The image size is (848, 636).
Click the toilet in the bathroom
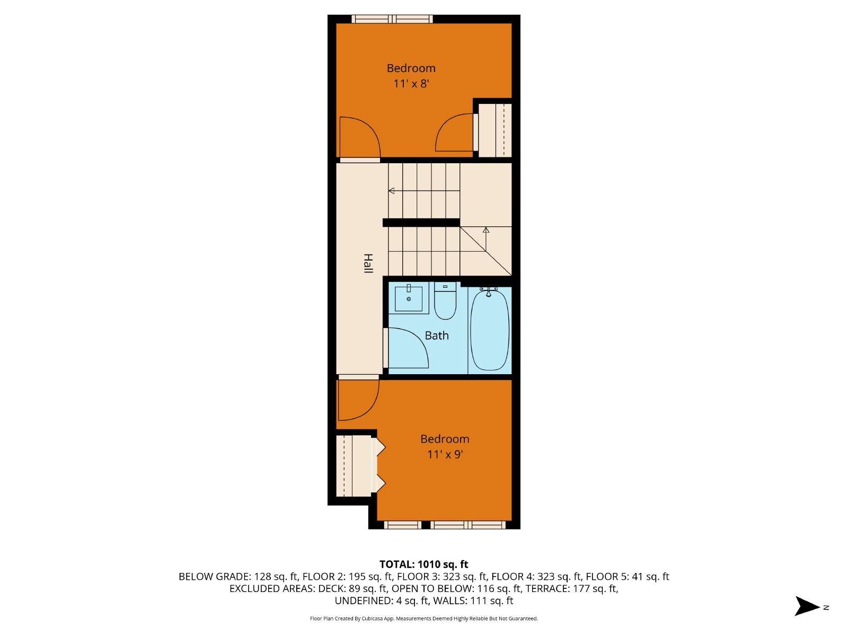[445, 301]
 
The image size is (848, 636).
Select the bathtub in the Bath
[490, 329]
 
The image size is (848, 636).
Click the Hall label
[368, 263]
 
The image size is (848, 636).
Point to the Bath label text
[437, 335]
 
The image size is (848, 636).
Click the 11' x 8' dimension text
[411, 83]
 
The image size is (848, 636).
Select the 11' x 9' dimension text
[445, 454]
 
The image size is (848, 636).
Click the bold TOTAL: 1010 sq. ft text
[424, 564]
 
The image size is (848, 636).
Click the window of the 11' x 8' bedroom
[392, 19]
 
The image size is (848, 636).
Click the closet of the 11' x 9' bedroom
[354, 466]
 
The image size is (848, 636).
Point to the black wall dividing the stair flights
[421, 223]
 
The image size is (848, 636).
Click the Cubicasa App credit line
[424, 619]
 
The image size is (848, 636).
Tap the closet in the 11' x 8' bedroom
[495, 130]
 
